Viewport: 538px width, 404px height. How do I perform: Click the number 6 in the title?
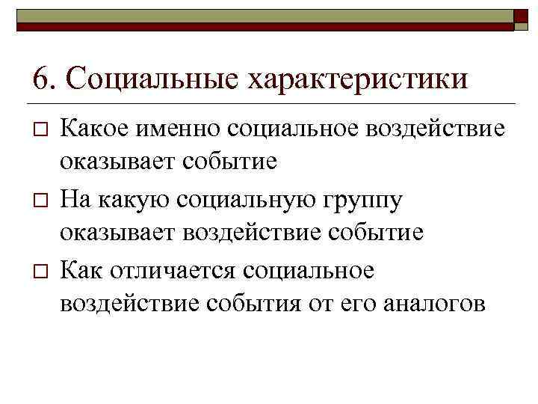42,79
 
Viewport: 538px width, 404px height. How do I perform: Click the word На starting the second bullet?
74,198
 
